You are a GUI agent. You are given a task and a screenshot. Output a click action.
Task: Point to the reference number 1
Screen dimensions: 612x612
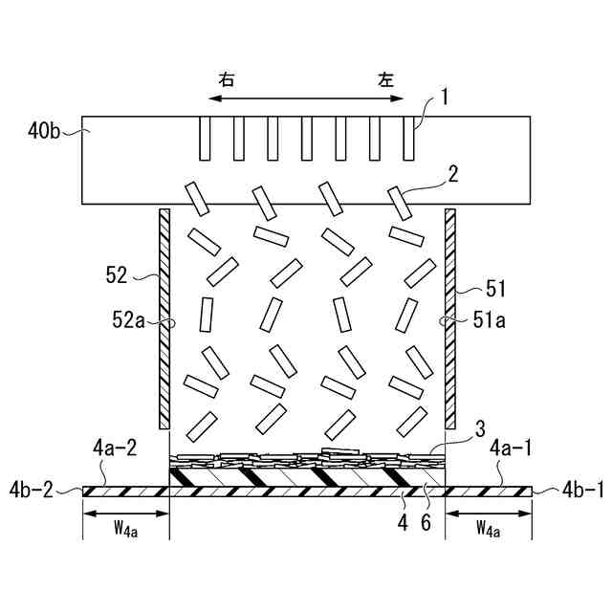(445, 97)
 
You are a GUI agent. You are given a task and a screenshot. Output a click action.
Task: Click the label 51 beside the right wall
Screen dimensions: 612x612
(496, 287)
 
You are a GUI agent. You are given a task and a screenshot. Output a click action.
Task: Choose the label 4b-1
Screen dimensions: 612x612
(578, 491)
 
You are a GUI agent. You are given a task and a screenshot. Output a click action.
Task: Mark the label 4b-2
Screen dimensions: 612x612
(33, 491)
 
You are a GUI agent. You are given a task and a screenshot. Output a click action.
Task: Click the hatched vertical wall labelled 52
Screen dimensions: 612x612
(164, 320)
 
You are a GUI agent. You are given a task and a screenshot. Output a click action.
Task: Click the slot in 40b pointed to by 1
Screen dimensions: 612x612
(408, 138)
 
